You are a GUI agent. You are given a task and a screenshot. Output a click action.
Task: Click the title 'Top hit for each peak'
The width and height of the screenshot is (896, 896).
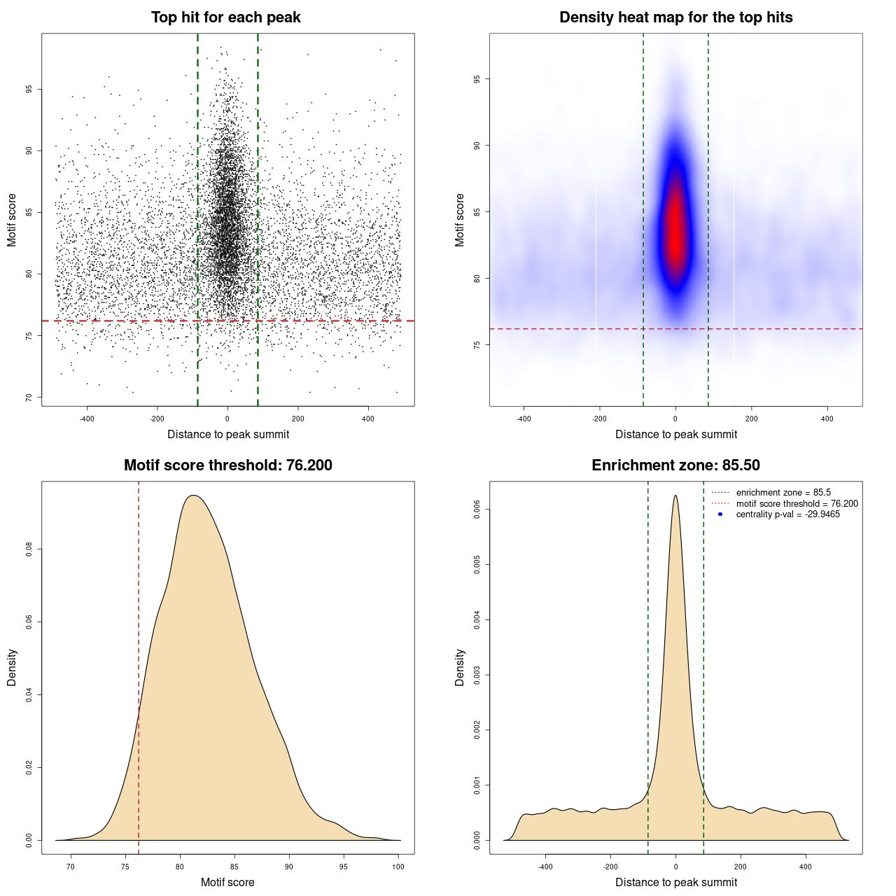(x=225, y=17)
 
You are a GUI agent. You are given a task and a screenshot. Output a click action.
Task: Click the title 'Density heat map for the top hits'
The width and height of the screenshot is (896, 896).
(x=675, y=17)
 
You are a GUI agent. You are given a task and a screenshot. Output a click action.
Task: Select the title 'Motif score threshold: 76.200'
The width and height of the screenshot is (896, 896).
(x=227, y=465)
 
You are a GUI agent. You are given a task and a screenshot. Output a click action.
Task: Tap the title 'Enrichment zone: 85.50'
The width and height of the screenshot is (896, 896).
(x=675, y=465)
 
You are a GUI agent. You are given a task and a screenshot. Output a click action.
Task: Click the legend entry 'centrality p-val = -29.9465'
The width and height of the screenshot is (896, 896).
(x=787, y=514)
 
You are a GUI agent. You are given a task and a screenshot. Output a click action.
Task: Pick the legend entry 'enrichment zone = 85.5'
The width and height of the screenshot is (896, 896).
(x=783, y=493)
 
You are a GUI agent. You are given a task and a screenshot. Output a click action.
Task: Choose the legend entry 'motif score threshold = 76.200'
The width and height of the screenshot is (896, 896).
(x=797, y=504)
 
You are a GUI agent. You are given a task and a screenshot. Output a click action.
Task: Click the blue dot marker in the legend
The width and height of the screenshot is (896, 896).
(x=720, y=514)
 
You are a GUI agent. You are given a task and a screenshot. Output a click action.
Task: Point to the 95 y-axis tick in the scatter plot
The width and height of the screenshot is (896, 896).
(x=29, y=89)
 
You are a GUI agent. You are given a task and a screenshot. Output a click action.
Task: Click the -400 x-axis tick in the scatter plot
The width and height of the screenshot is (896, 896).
(x=87, y=419)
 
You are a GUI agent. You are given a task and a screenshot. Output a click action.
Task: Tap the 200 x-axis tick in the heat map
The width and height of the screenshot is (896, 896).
(x=751, y=419)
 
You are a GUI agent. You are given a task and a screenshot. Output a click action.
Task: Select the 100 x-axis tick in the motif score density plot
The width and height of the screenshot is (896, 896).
(x=398, y=867)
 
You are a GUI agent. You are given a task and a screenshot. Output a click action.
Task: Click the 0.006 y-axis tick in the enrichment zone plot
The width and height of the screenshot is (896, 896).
(x=477, y=510)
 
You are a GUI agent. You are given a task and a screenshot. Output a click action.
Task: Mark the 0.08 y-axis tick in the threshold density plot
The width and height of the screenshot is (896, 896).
(x=29, y=549)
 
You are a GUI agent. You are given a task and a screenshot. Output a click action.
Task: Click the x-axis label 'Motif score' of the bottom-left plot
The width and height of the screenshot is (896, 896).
(x=227, y=882)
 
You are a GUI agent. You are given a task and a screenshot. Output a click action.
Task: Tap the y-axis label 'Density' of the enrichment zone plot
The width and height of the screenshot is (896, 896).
(x=460, y=667)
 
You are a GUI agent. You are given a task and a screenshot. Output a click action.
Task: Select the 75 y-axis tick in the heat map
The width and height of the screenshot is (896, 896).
(x=477, y=345)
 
